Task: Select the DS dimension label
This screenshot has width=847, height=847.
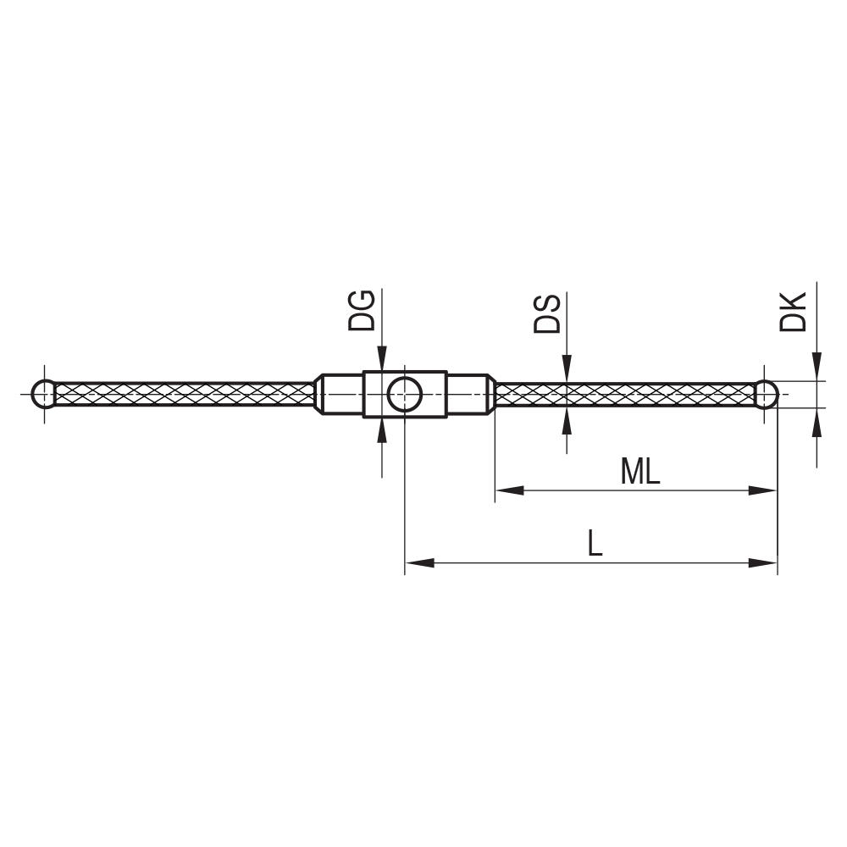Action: [547, 313]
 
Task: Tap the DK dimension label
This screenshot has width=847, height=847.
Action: [794, 311]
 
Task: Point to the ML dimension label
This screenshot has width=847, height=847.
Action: [639, 472]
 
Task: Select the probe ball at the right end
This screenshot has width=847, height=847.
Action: [766, 395]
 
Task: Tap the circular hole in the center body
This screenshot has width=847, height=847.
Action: [405, 395]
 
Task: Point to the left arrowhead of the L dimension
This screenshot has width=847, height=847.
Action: [420, 562]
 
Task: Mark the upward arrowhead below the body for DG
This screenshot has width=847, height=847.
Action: [382, 430]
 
